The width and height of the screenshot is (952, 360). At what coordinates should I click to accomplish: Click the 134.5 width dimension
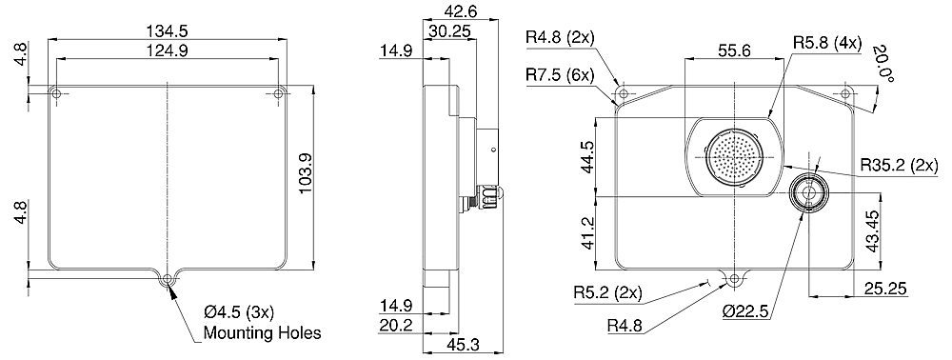167,31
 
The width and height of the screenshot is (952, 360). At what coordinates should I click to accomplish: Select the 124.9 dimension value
167,51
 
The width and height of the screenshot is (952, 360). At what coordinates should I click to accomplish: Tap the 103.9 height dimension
306,173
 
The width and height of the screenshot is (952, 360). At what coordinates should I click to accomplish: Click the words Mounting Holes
262,332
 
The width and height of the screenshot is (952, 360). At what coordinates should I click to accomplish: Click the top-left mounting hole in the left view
56,93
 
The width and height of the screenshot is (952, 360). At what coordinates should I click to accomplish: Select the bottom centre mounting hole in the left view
167,279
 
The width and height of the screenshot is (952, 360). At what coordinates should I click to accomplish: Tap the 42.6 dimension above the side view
461,11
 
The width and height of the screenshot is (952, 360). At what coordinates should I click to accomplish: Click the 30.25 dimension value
450,31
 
